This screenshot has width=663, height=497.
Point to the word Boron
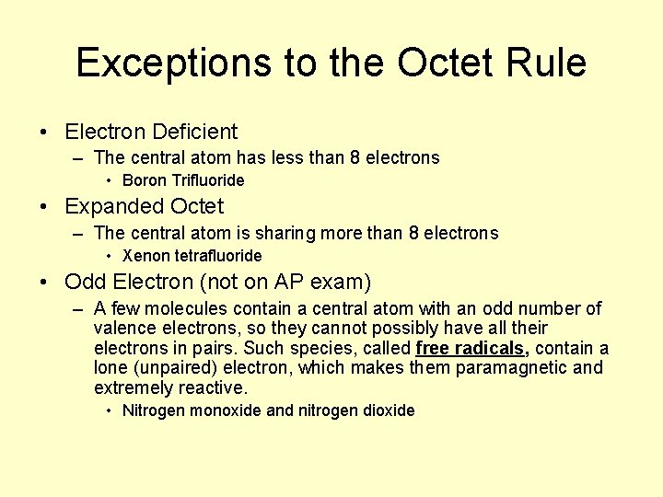tap(144, 180)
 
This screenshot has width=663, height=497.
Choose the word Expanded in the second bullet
tap(113, 206)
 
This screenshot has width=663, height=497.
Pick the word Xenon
tap(145, 256)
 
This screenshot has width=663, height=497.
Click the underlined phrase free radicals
tap(472, 348)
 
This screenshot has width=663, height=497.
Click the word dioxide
tap(388, 410)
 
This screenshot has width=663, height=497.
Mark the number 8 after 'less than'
tap(355, 157)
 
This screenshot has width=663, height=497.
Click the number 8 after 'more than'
tap(413, 233)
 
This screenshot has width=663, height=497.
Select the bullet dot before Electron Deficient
tap(45, 133)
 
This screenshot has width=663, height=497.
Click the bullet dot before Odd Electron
tap(45, 283)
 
